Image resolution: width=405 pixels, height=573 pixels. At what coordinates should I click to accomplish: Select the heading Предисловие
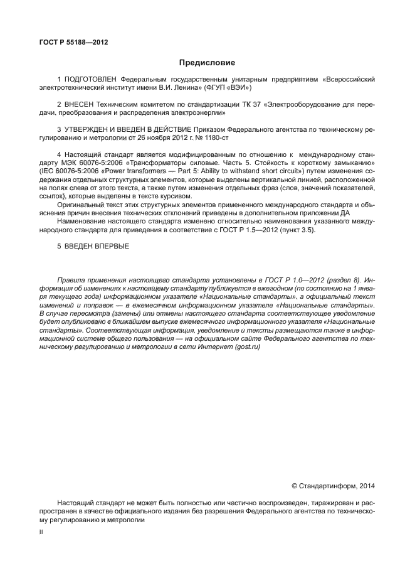[x=208, y=63]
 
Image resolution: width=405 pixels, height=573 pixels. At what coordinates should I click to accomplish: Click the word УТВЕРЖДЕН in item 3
[x=89, y=129]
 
